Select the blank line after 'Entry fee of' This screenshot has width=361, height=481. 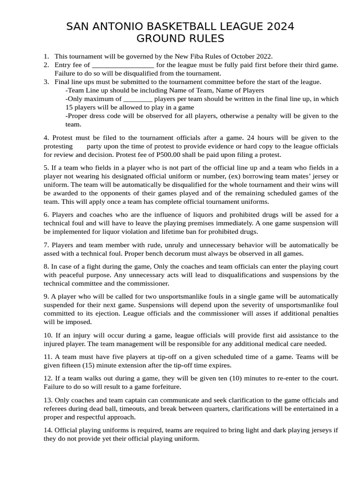123,65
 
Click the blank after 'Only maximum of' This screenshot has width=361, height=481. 138,99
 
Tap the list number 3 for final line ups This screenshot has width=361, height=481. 47,82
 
